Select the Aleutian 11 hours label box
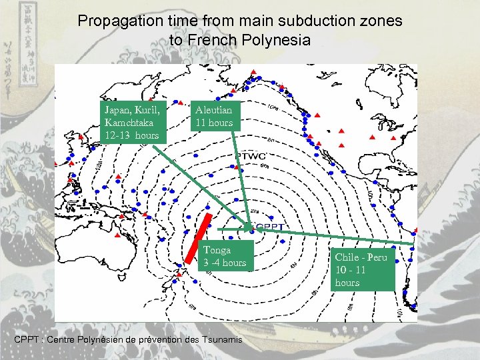[x=213, y=116]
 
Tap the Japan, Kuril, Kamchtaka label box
[x=132, y=121]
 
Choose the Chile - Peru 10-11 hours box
[x=360, y=269]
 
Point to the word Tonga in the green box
[x=217, y=250]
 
